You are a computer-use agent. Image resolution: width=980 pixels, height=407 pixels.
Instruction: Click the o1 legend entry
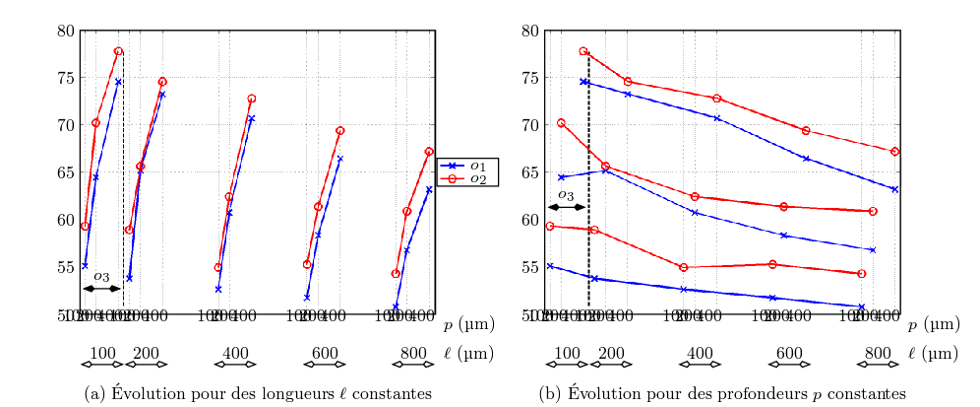(468, 166)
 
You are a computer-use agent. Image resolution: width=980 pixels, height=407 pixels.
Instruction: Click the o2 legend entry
(468, 178)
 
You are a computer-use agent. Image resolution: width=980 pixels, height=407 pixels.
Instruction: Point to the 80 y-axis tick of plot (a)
(65, 31)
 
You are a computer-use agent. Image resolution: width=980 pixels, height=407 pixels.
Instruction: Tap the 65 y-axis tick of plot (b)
(529, 172)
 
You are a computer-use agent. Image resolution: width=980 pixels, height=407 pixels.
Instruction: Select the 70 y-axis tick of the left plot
(65, 125)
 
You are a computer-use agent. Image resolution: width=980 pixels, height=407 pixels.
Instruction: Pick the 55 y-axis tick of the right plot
(529, 267)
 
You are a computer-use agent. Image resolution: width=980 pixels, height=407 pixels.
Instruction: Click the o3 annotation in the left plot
(101, 276)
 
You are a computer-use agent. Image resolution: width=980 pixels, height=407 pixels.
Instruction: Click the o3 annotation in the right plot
(566, 195)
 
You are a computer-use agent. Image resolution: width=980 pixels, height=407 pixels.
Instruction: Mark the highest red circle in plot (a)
(118, 51)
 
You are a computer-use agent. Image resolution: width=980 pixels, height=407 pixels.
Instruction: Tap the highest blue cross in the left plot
(118, 82)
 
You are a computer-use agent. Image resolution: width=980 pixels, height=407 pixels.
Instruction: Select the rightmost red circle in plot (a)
(429, 152)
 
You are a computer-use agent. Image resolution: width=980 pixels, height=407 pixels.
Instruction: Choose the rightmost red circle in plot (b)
(894, 152)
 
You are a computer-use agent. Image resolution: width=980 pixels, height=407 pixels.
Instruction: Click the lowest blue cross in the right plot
(861, 307)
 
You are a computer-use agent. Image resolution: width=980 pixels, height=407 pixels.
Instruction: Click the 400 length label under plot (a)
(236, 353)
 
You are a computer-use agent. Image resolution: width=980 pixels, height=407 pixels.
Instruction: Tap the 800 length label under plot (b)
(878, 353)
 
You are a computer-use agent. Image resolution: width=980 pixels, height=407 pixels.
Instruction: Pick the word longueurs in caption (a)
(250, 394)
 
